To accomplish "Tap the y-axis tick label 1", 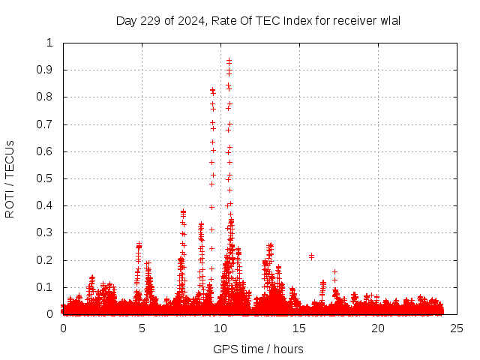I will point(50,43).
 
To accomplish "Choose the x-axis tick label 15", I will point(299,328).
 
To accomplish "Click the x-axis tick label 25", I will point(457,328).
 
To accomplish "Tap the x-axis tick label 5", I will point(142,328).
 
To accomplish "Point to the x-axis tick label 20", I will point(378,328).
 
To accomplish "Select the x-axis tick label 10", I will point(220,328).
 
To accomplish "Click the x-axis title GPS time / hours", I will point(258,349).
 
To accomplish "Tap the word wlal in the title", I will point(389,20).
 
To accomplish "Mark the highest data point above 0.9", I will point(229,60).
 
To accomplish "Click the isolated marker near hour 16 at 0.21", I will point(311,256).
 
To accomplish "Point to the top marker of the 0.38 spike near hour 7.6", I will point(183,211).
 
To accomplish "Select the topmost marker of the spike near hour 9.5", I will point(213,90).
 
